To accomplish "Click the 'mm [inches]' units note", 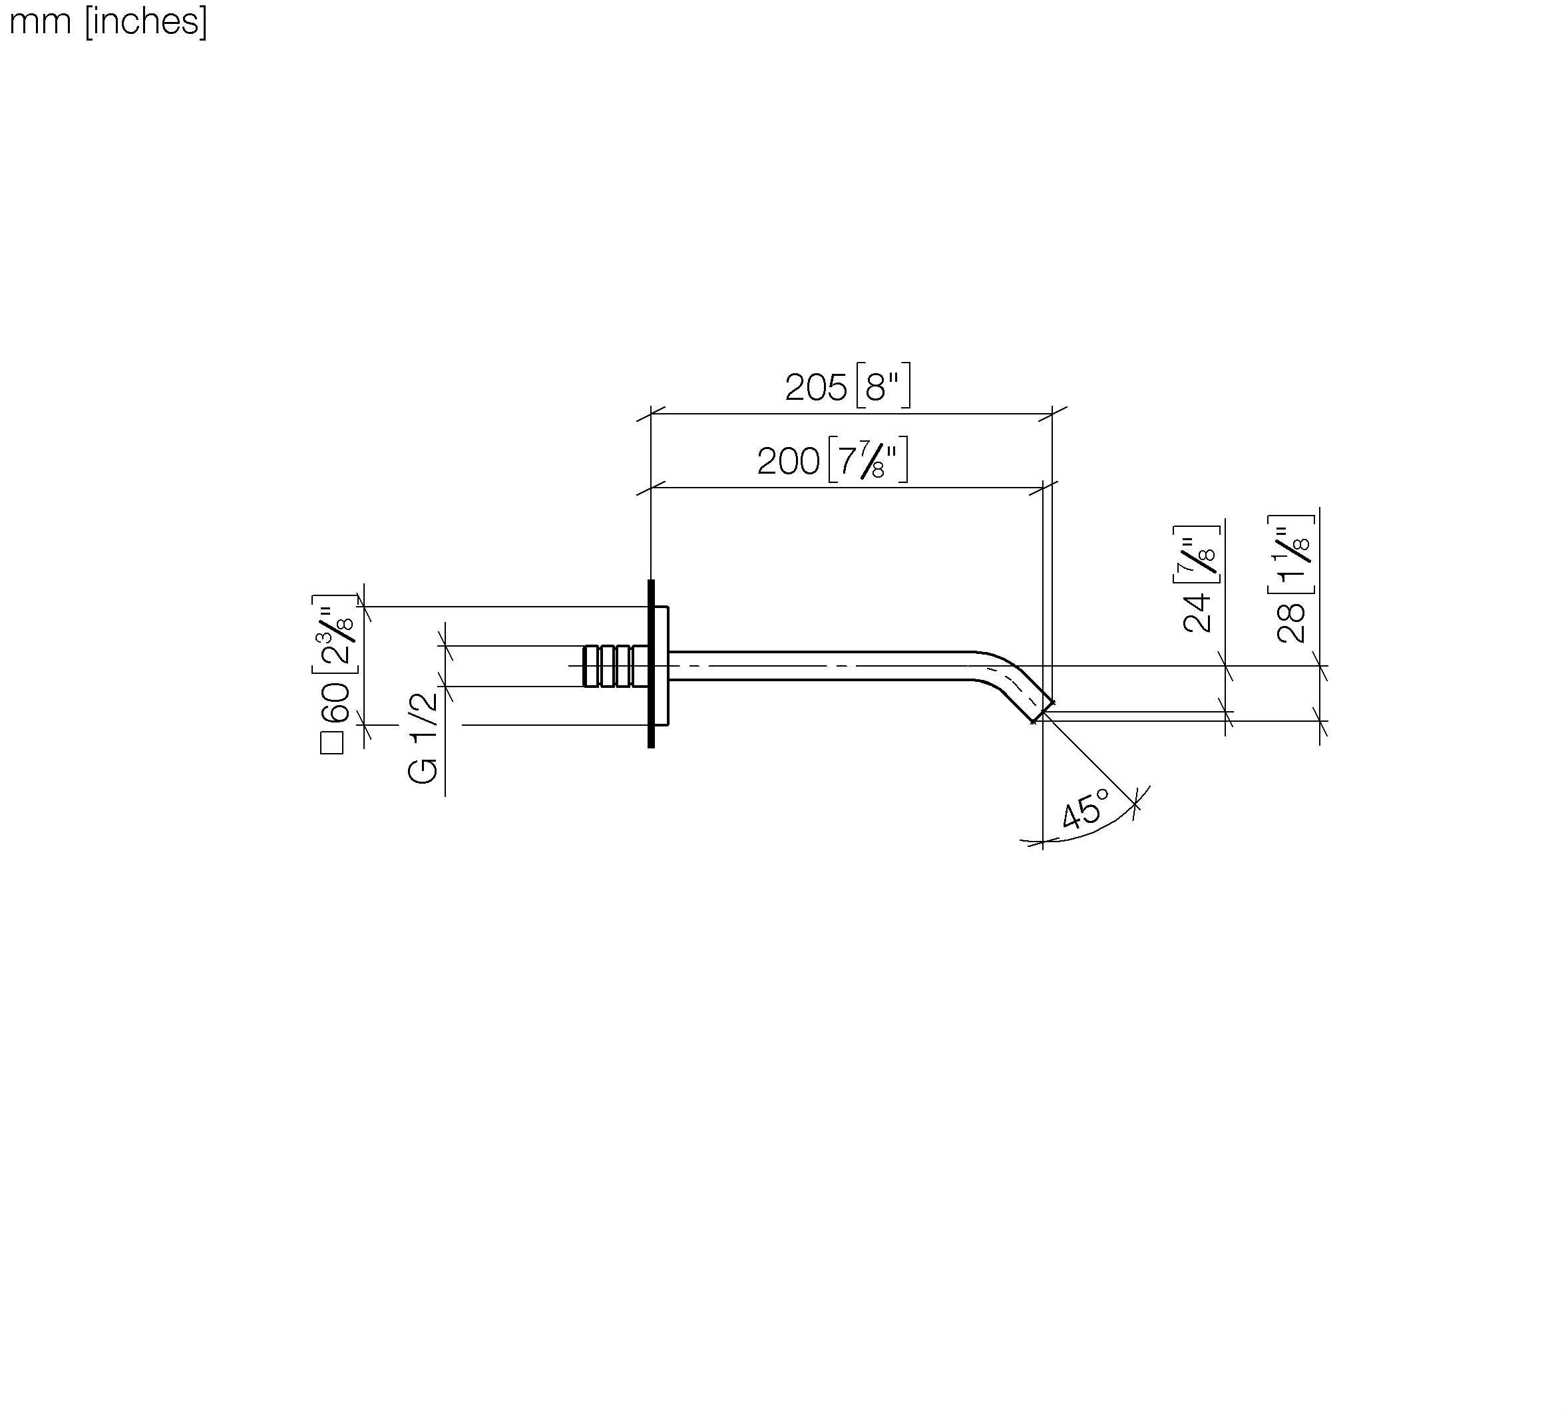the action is click(108, 21).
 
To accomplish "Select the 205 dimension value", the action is click(816, 388).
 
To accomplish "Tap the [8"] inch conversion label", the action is click(883, 385).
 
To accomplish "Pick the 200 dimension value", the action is click(788, 461).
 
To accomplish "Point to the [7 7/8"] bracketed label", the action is click(868, 460).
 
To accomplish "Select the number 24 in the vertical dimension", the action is click(1197, 613).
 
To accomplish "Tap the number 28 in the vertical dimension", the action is click(1291, 623).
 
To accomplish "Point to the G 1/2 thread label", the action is click(423, 737).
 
